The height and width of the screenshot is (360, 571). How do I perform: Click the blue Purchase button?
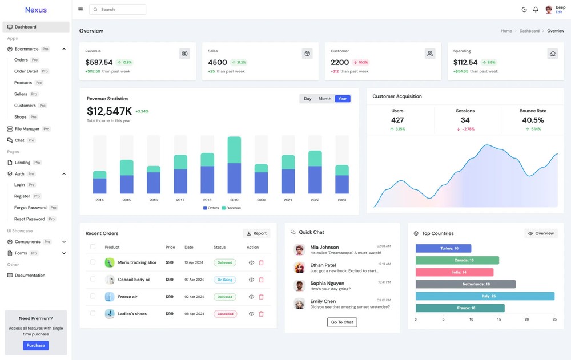(35, 345)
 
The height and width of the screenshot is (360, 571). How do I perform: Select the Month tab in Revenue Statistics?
(325, 99)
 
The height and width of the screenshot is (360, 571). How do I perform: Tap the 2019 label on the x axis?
(234, 200)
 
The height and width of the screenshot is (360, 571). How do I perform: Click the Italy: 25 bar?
(485, 296)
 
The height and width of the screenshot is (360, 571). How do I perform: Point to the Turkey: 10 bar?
(443, 248)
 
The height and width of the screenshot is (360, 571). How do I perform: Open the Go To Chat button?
(342, 322)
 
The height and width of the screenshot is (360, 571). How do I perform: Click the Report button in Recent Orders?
(256, 233)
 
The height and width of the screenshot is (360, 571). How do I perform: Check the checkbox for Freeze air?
(93, 296)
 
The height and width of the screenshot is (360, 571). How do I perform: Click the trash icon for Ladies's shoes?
(262, 314)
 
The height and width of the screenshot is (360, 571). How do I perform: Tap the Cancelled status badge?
(225, 314)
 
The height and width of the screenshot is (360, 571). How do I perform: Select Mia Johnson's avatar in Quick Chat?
(299, 250)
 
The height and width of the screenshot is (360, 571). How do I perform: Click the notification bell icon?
(536, 10)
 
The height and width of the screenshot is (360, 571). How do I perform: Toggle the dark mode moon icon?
(524, 10)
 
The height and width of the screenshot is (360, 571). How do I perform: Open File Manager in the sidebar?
(27, 129)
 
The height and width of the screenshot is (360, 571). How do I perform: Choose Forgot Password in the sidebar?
(30, 208)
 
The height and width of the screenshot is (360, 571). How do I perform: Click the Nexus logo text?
(36, 10)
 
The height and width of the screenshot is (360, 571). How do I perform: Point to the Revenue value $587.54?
(99, 62)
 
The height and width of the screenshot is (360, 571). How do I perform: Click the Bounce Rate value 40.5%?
(533, 120)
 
